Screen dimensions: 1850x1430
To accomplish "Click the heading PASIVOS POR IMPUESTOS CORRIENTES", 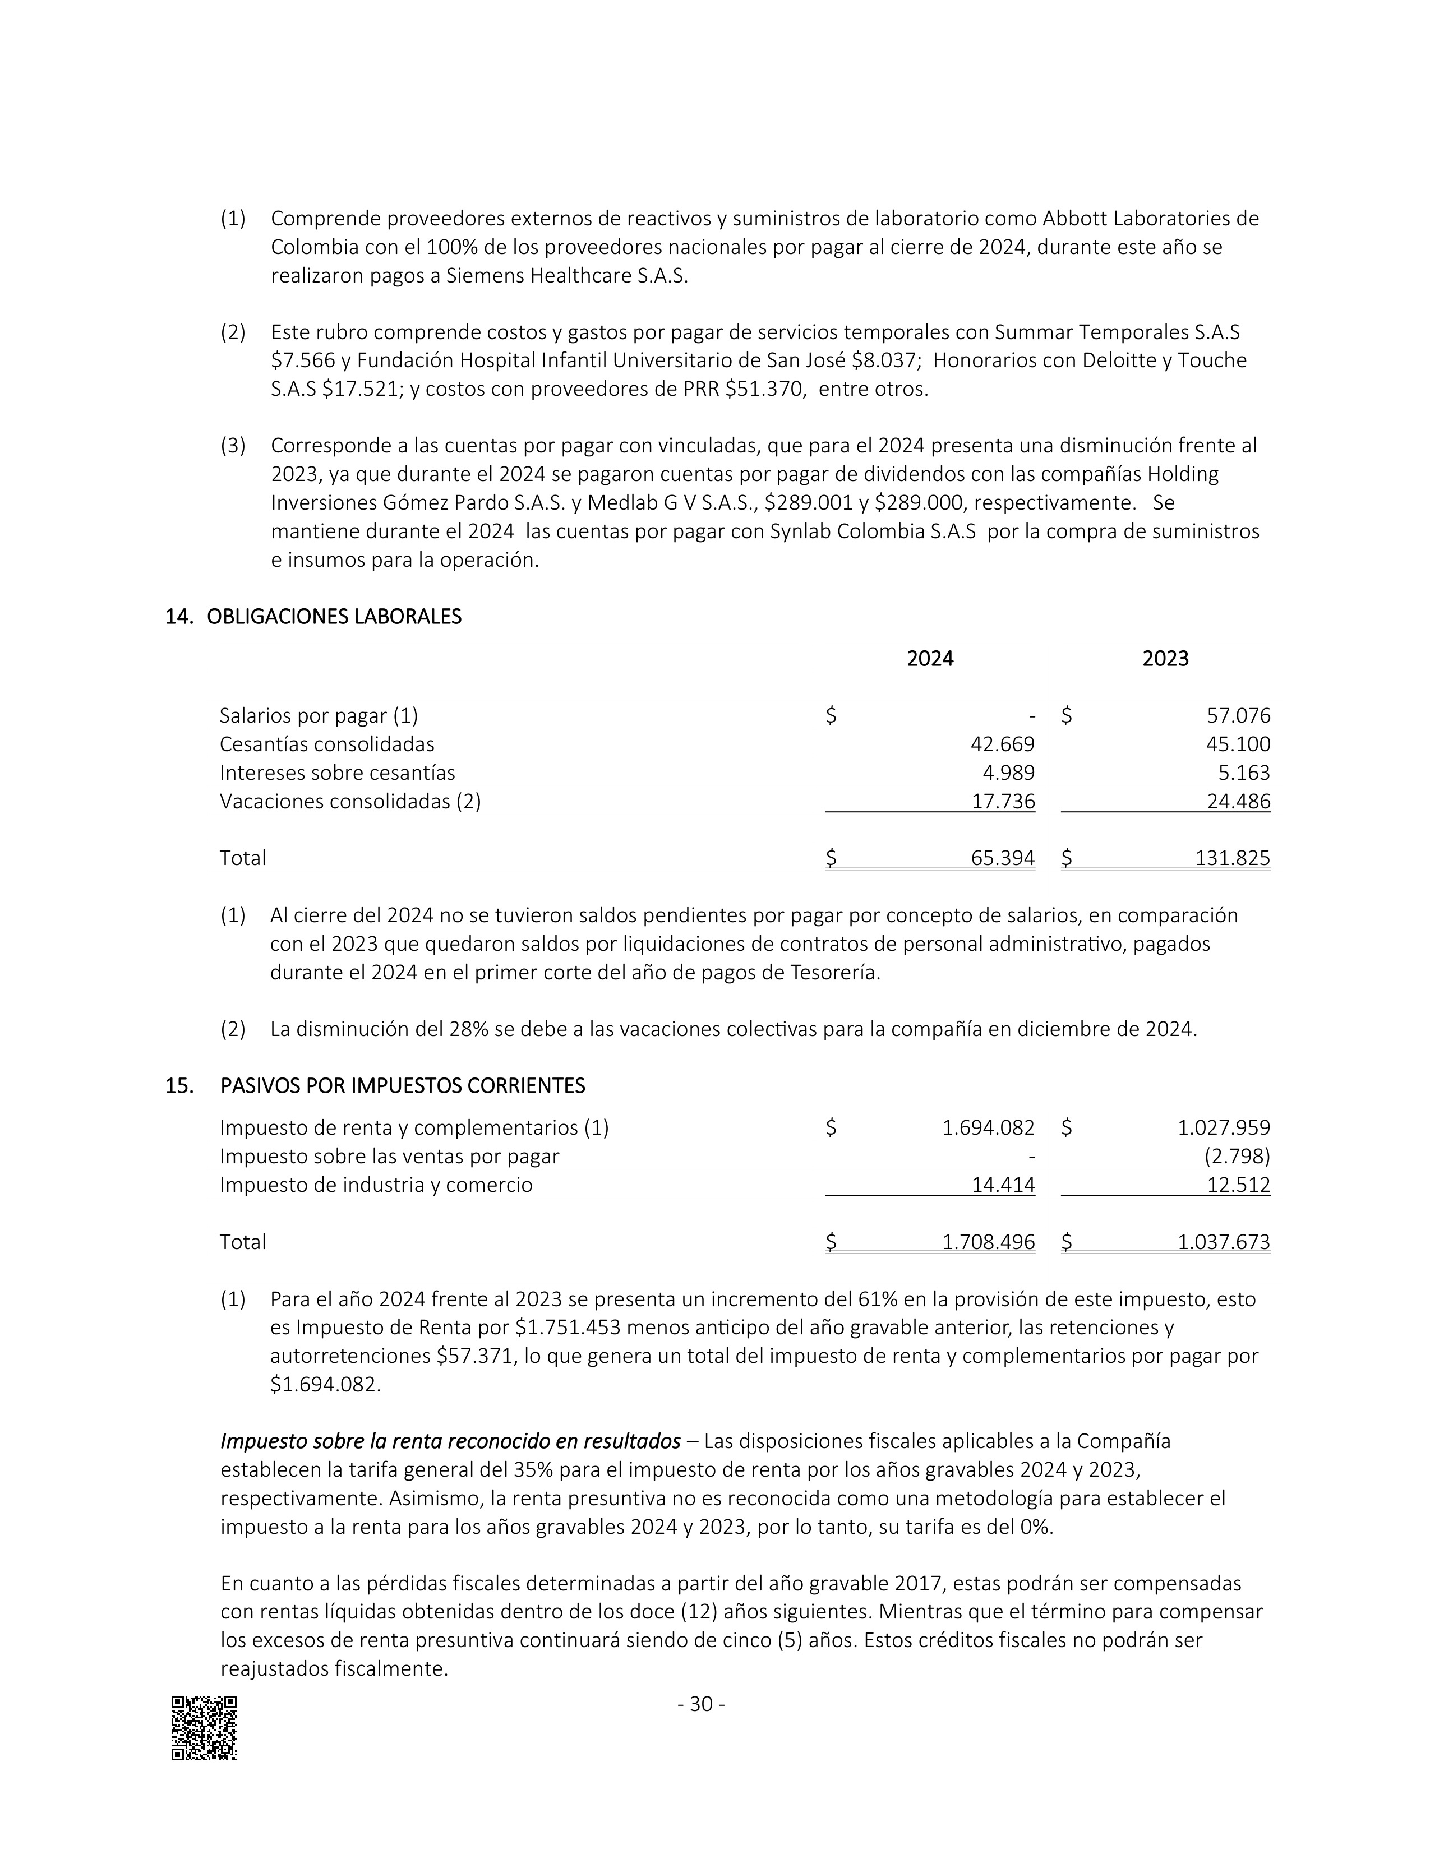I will click(403, 1086).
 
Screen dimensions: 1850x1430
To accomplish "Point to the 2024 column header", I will click(929, 659).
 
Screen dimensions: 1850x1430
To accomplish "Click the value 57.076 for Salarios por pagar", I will click(1238, 716).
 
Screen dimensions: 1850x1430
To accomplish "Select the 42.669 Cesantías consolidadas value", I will click(1002, 744).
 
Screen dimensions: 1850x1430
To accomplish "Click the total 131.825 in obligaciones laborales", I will click(1232, 858).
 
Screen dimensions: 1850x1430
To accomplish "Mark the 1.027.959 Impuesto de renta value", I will click(1223, 1127).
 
